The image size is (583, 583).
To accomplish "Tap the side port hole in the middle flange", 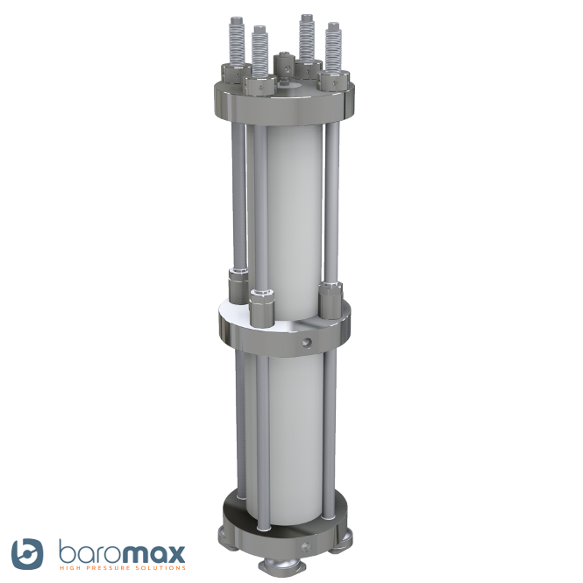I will pos(306,339).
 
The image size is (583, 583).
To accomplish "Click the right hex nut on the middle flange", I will pos(331,297).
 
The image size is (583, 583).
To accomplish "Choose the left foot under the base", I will pos(227,534).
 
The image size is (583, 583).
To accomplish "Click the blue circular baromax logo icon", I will pos(27,552).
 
